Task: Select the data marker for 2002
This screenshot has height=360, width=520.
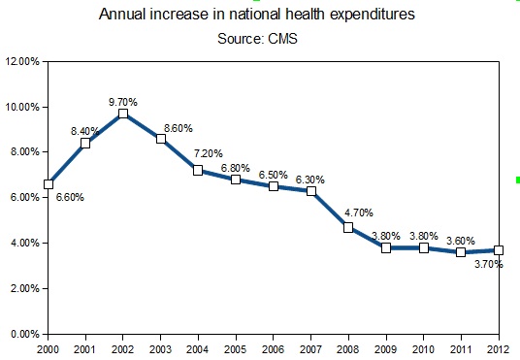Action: tap(123, 114)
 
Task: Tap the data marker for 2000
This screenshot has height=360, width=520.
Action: tap(49, 183)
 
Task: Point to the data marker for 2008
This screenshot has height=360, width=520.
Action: tap(348, 227)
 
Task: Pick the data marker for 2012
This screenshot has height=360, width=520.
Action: tap(499, 249)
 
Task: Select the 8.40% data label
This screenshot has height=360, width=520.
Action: tap(84, 130)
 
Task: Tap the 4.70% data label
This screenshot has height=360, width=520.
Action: tap(359, 212)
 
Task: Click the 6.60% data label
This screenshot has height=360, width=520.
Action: tap(71, 198)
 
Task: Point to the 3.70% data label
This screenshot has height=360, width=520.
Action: tap(488, 264)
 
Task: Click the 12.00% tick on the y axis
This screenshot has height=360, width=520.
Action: tap(21, 61)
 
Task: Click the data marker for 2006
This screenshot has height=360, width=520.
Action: tap(274, 186)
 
